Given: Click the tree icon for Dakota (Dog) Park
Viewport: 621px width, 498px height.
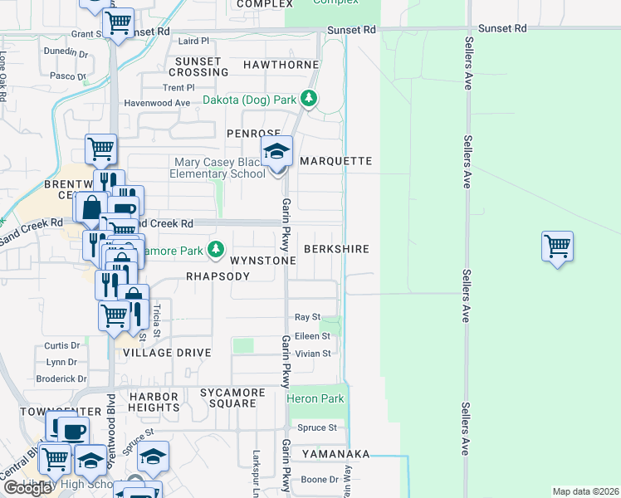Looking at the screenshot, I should point(309,100).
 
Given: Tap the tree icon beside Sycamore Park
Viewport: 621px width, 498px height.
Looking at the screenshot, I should point(216,249).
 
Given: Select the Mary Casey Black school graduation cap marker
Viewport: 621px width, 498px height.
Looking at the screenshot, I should point(276,152).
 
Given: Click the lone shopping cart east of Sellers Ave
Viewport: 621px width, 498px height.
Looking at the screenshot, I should point(557,247).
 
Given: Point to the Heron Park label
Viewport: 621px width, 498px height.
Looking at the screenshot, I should point(315,399).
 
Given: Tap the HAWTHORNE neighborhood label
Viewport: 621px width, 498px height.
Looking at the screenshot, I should point(281,65).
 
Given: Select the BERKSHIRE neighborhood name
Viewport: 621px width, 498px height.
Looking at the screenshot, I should point(336,249).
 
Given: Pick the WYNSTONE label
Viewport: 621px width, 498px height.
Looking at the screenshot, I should point(262,261).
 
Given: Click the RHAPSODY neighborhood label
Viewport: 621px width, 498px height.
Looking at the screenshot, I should point(218,276).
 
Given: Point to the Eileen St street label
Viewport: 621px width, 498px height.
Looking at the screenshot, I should point(313,336).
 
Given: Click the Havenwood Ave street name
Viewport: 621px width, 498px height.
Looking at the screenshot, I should point(158,103).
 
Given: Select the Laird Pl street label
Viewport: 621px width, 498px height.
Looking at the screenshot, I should point(193,40).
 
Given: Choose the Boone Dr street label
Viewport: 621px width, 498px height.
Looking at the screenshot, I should point(319,479).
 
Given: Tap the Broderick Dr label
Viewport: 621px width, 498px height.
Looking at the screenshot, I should point(61,378).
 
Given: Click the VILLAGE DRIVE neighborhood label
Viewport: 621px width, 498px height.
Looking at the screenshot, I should point(167,353).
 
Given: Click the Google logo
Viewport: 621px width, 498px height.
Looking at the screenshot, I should point(27,488).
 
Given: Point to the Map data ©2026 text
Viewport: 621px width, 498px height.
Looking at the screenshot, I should point(585,491).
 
